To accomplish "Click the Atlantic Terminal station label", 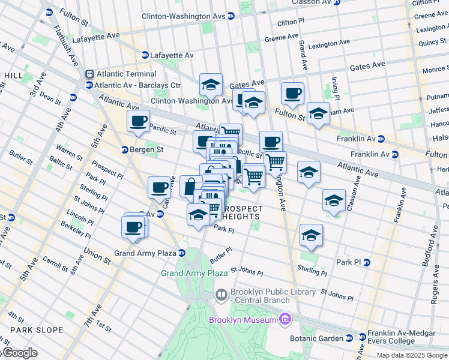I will click(124, 74).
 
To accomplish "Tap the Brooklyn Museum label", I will click(242, 320).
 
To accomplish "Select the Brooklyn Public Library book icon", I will click(220, 295).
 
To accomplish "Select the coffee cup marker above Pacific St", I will click(138, 121).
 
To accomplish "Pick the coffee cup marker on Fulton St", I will click(292, 94).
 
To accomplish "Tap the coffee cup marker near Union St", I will click(133, 227).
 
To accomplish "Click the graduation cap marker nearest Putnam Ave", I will click(318, 113).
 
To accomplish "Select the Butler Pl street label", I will click(221, 253).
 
